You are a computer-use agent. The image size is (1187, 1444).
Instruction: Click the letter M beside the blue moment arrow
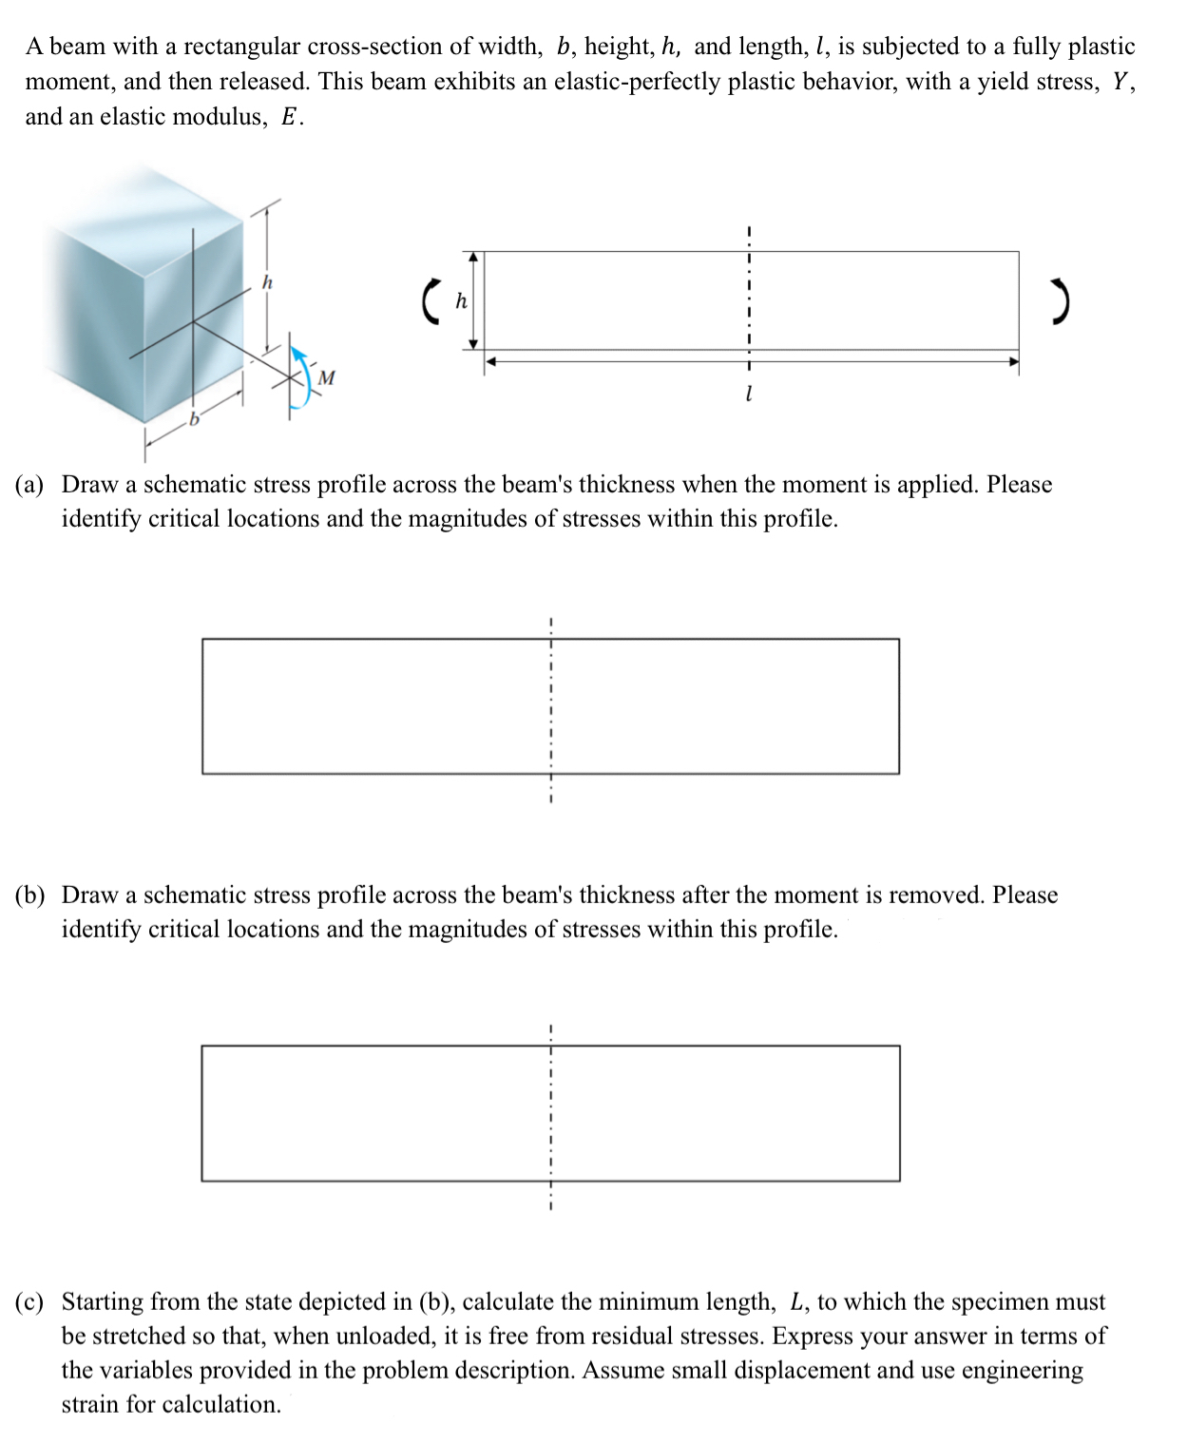click(326, 377)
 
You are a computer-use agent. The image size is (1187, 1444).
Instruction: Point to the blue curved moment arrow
click(299, 379)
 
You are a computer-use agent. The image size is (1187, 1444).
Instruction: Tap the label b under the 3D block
click(194, 419)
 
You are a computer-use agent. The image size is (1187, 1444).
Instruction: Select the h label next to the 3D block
click(267, 282)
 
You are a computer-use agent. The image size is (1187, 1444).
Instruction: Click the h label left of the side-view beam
click(461, 300)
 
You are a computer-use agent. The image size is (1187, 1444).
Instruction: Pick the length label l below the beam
click(749, 393)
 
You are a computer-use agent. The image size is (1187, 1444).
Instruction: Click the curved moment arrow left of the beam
click(431, 300)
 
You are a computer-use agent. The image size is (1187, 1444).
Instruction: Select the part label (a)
click(29, 485)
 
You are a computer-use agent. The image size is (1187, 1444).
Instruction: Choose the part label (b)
click(29, 895)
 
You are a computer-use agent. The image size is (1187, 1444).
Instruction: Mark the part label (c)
click(29, 1302)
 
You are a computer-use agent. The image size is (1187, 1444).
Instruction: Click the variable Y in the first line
click(1121, 82)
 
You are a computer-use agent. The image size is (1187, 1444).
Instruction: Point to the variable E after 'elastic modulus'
click(291, 117)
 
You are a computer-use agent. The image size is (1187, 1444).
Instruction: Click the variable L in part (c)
click(796, 1302)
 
